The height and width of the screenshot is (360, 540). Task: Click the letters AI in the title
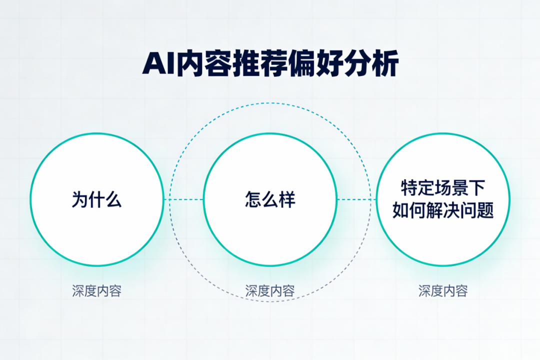(x=157, y=64)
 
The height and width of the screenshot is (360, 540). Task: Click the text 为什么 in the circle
(x=96, y=199)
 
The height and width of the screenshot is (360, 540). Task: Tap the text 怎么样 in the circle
(x=270, y=199)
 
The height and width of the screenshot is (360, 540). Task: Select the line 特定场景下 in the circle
(x=443, y=188)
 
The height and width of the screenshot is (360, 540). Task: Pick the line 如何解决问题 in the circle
(x=443, y=210)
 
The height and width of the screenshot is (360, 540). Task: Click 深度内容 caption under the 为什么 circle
(x=96, y=291)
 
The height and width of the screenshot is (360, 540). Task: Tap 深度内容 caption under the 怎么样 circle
(x=270, y=291)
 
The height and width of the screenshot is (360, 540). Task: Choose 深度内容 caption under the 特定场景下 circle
(x=443, y=291)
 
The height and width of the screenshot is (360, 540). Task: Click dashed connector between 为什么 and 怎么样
(x=183, y=199)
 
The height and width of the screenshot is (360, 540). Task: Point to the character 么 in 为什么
(x=113, y=199)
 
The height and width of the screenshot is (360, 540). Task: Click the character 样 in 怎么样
(x=287, y=199)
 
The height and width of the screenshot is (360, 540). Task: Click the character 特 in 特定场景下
(x=409, y=188)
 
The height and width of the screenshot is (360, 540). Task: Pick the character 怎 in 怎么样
(x=253, y=199)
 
